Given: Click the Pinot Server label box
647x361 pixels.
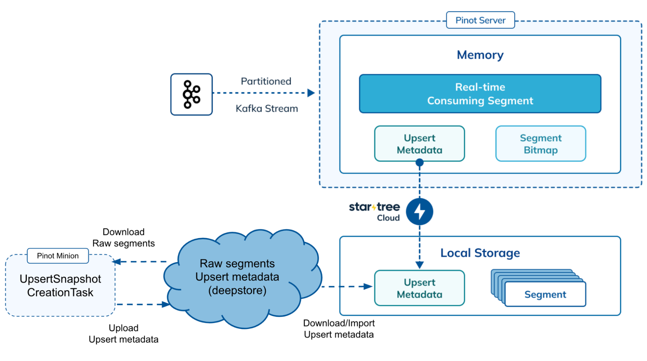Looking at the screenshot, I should [x=480, y=20].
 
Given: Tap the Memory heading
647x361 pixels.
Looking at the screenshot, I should [x=480, y=55].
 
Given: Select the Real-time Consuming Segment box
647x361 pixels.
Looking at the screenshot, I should [x=480, y=94].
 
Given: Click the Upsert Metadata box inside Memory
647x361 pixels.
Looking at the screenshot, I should [x=419, y=144].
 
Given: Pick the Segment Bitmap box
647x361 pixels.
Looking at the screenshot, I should [x=541, y=144].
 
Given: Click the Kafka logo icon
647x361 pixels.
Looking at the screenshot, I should [x=192, y=94].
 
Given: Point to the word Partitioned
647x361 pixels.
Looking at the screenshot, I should [x=266, y=81].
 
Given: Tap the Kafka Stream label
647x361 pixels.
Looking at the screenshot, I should [x=267, y=109].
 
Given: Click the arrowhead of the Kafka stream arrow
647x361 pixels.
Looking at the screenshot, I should [x=311, y=93].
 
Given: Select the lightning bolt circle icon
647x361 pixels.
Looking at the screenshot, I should [x=419, y=212].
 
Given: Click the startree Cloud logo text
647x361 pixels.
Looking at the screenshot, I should [x=374, y=211].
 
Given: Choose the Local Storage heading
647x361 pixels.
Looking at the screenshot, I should [x=480, y=253].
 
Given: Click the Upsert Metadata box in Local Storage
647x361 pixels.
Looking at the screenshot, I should [x=419, y=288].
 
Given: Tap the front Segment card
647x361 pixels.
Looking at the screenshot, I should [x=545, y=294].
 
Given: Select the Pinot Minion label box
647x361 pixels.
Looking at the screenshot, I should [x=58, y=256].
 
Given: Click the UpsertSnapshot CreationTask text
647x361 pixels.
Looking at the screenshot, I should [x=60, y=286].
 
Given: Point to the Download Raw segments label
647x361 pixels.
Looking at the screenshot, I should [x=124, y=238].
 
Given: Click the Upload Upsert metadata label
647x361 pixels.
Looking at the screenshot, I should [x=124, y=334].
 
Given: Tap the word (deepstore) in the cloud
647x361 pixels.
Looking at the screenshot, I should [x=237, y=290].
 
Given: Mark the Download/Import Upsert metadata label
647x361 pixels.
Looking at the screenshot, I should [x=339, y=329].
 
